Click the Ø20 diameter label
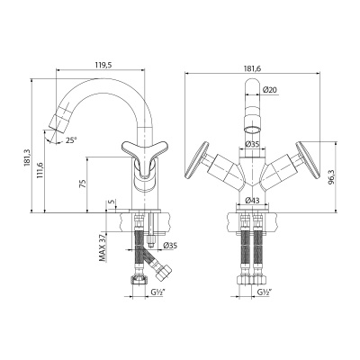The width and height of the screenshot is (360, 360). pos(269,90)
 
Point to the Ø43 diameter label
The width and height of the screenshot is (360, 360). pos(254,199)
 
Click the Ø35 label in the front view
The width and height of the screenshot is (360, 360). pos(254,144)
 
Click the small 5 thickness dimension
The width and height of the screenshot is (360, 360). pos(111,202)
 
